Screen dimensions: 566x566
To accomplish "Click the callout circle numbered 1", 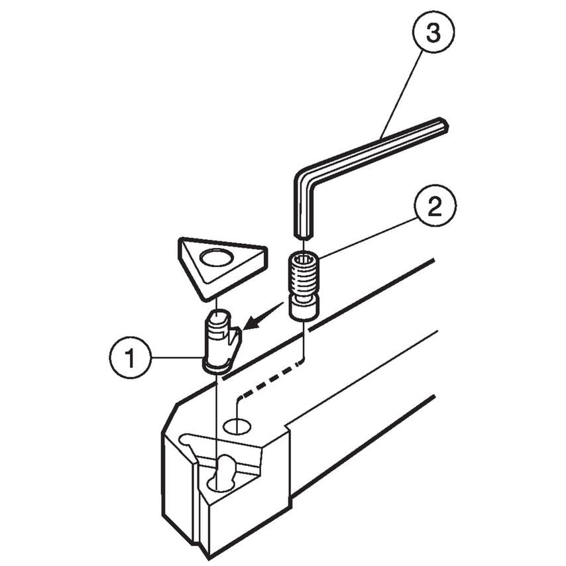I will tap(129, 358).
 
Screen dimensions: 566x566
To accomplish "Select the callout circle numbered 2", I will tap(435, 207).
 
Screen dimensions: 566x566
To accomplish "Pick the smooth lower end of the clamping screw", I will tap(304, 308).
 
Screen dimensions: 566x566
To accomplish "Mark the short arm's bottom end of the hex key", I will tap(304, 233).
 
